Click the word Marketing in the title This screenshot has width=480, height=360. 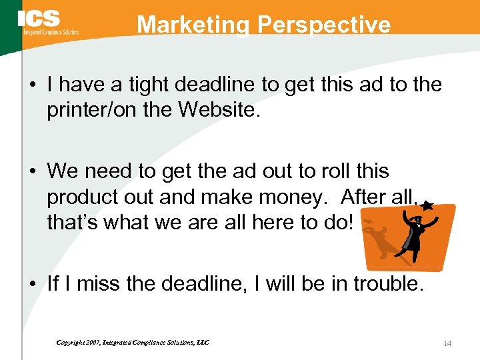(x=194, y=25)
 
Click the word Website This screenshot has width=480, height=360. (x=221, y=109)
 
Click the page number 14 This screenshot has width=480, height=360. (x=447, y=343)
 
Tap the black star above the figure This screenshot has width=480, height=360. (x=429, y=207)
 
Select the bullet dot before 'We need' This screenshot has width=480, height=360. (x=33, y=172)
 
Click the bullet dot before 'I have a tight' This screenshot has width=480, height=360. (x=33, y=85)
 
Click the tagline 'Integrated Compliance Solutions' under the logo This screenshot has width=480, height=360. (x=51, y=32)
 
